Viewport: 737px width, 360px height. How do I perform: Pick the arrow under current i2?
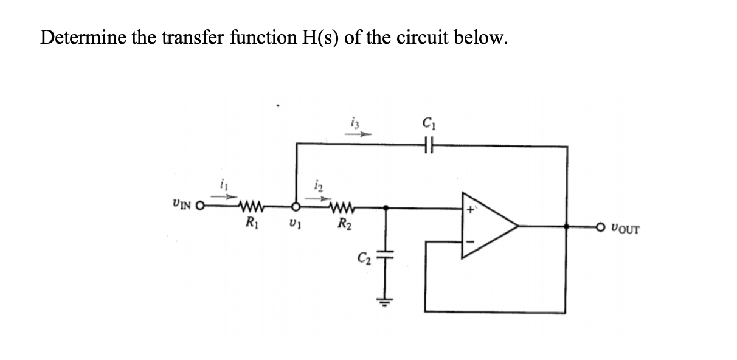coord(317,198)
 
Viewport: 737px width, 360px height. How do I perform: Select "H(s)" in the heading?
coord(319,38)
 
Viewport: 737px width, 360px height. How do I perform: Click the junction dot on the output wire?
coord(567,226)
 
